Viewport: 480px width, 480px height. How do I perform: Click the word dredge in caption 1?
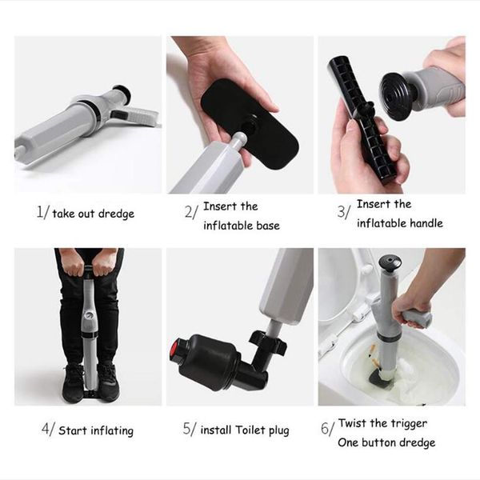click(116, 214)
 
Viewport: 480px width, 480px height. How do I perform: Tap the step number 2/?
click(191, 212)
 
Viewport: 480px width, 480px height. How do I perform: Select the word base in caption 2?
click(268, 226)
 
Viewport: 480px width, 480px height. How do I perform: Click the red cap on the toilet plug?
click(174, 350)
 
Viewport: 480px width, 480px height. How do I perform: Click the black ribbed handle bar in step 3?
click(362, 119)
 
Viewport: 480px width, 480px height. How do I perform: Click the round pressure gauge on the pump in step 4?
click(89, 315)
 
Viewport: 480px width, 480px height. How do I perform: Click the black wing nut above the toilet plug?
click(267, 341)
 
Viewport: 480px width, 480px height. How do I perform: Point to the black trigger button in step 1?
click(118, 114)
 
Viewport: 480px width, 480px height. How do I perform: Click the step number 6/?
click(328, 428)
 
